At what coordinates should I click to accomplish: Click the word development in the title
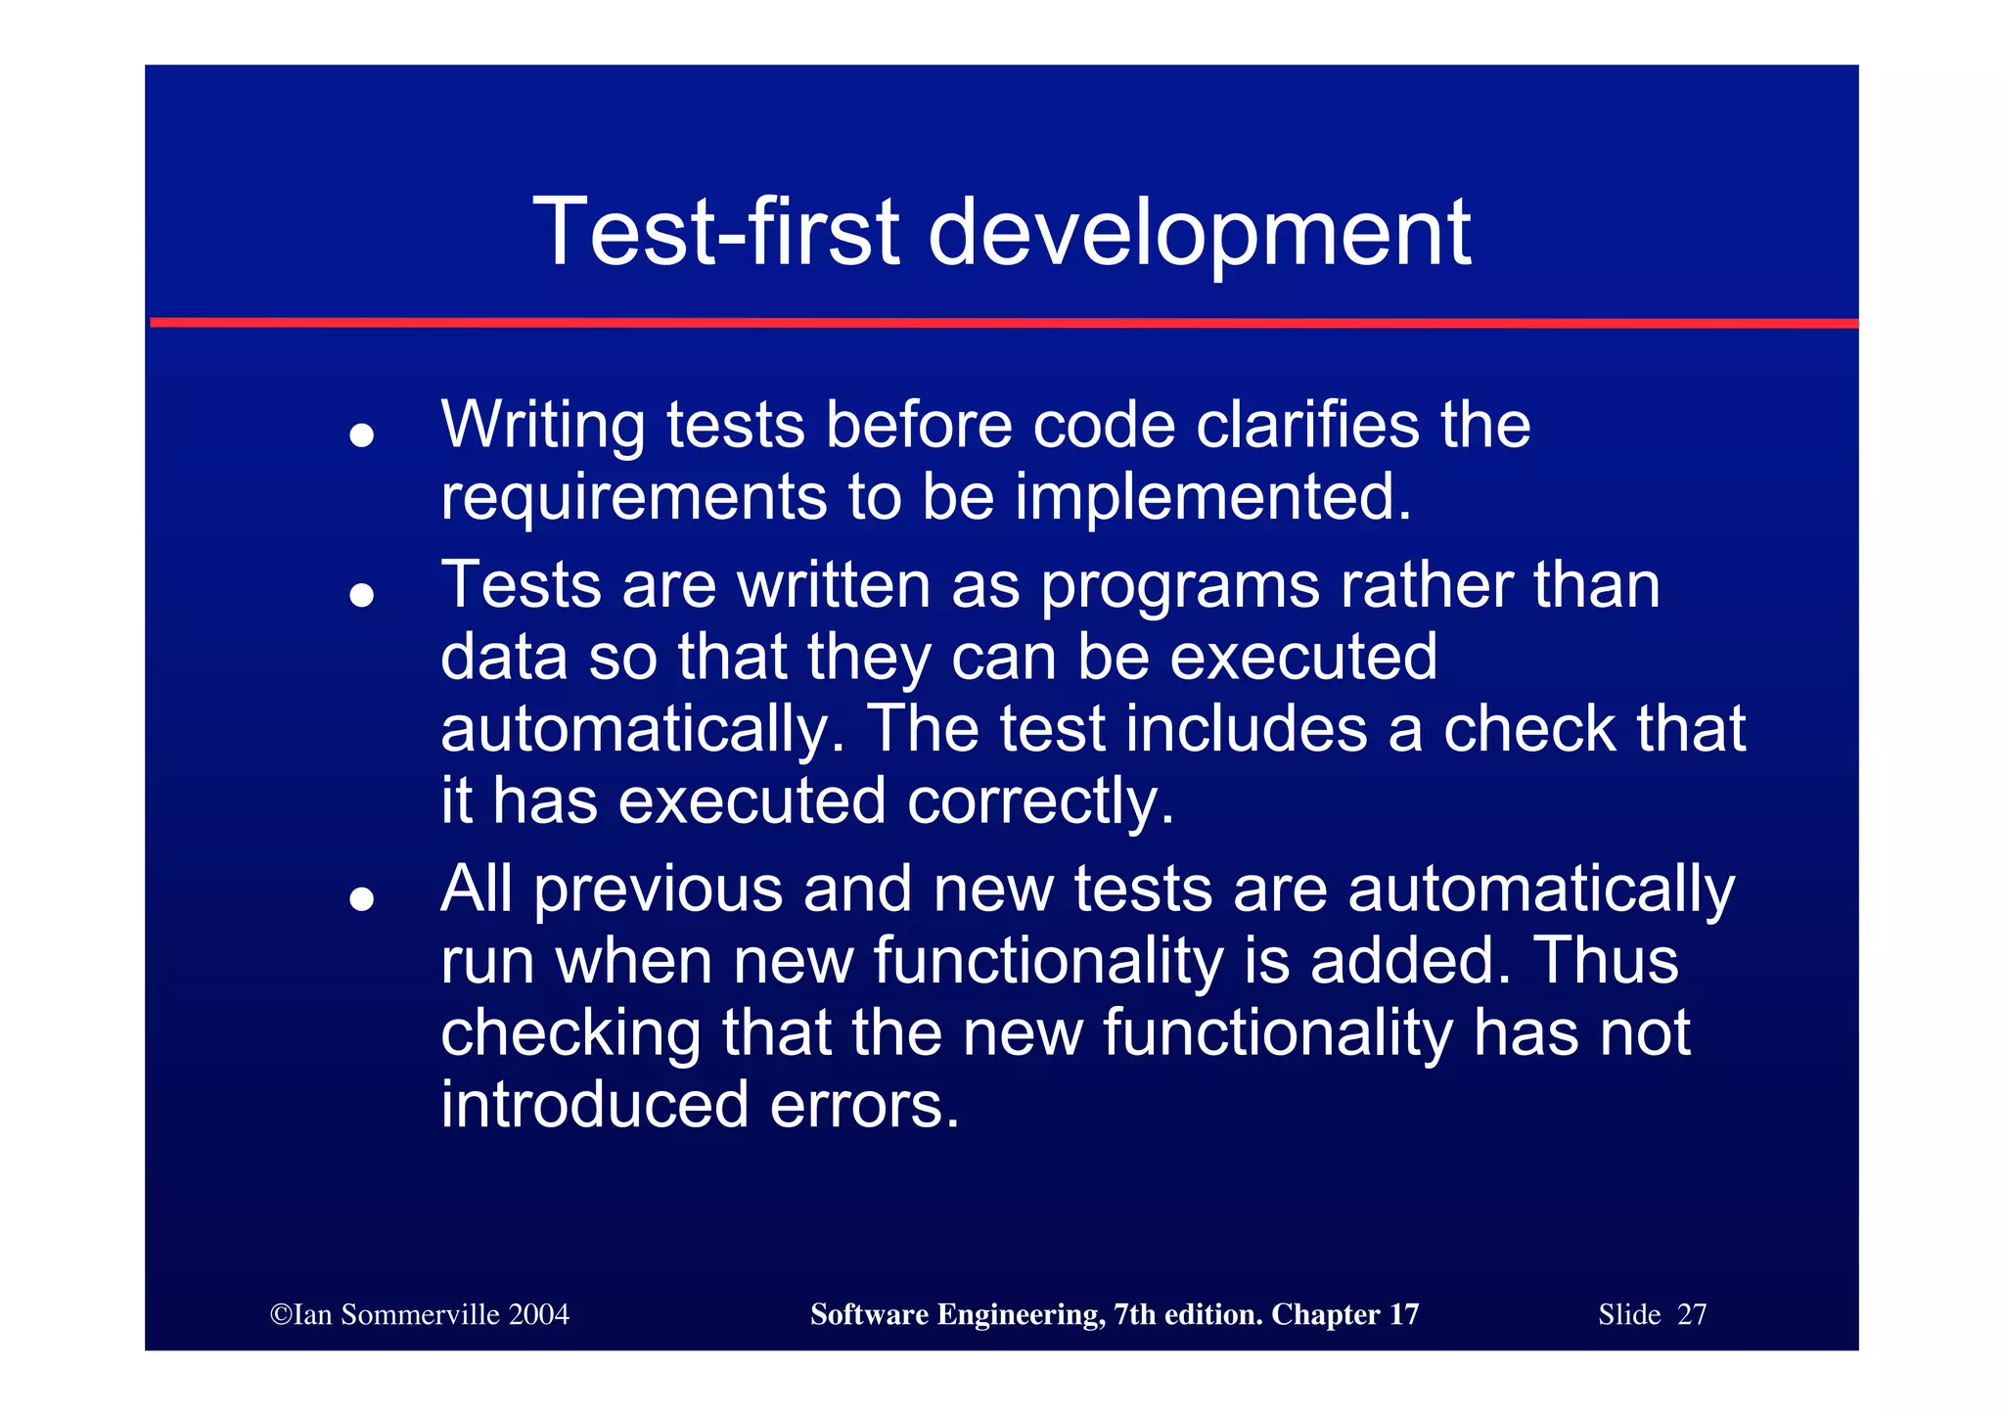coord(1198,233)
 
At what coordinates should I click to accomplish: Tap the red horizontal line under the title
coord(1002,322)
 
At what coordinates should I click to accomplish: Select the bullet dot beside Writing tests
coord(362,434)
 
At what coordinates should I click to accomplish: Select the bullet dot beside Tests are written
coord(362,594)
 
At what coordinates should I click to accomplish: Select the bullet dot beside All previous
coord(362,898)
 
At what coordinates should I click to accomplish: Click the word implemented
coord(1212,497)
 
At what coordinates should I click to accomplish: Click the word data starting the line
coord(503,657)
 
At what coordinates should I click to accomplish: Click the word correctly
coord(1040,801)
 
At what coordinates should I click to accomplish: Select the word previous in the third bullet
coord(658,890)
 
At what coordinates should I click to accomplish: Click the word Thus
coord(1605,961)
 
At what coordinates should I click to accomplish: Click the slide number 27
coord(1691,1314)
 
